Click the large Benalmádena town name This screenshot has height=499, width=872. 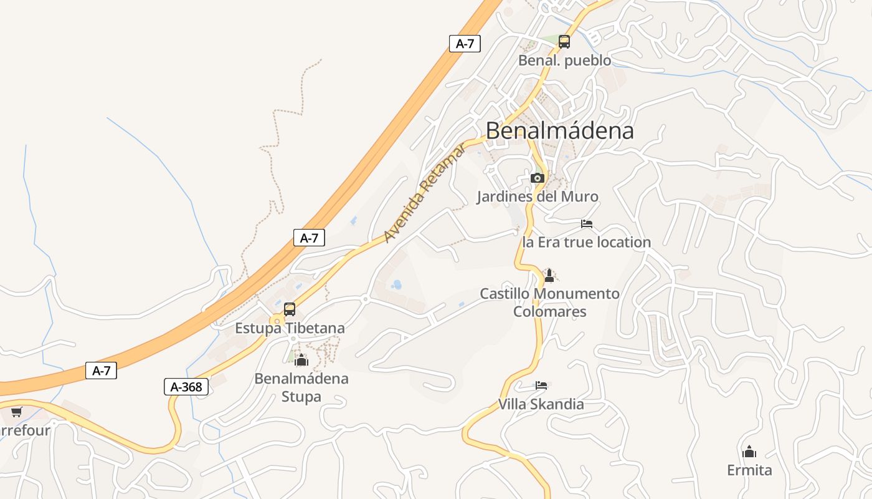[x=559, y=130]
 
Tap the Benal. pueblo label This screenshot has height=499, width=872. [x=564, y=61]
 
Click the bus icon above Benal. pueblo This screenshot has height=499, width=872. [x=564, y=42]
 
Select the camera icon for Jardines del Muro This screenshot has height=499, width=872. [x=537, y=178]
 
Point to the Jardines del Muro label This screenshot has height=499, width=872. [x=537, y=196]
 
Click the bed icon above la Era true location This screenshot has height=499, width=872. [x=586, y=223]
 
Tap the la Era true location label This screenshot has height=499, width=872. [x=586, y=242]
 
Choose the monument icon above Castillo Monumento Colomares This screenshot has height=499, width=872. [x=549, y=274]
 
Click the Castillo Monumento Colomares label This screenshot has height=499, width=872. [x=549, y=302]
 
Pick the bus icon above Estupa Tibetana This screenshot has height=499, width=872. [x=290, y=309]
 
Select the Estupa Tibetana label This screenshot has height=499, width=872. [x=290, y=327]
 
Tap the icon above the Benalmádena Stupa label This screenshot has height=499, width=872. [x=301, y=359]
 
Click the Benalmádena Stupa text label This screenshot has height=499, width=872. [x=301, y=387]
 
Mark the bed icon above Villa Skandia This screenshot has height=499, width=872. [x=541, y=385]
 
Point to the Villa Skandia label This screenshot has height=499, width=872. [x=541, y=404]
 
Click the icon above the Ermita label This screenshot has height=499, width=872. [x=749, y=451]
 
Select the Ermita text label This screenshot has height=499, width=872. [x=749, y=470]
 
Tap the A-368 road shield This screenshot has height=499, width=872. [x=186, y=387]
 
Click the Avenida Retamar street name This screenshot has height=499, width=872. [x=424, y=193]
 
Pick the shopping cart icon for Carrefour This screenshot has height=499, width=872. [x=16, y=412]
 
